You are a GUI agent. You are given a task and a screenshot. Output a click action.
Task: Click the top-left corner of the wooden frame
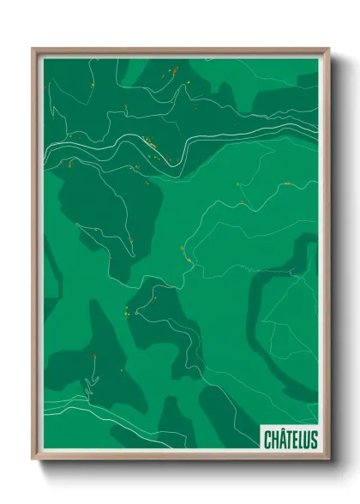point(33,48)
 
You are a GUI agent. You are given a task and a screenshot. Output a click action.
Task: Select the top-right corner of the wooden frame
point(329,48)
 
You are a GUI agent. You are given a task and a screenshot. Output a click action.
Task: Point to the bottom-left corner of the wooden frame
point(33,460)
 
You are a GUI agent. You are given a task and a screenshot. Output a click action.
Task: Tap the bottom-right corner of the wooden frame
point(329,460)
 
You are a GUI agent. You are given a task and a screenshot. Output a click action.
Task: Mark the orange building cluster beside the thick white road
point(151,144)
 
